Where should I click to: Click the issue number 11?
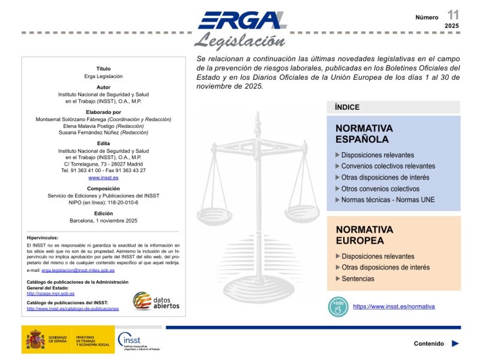click(452, 14)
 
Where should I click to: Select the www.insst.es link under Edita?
click(103, 178)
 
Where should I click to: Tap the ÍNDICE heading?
click(347, 107)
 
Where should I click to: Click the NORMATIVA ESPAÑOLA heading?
click(364, 134)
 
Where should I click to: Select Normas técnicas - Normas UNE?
click(388, 200)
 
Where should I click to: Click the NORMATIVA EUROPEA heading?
click(364, 235)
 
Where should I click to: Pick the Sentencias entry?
click(358, 279)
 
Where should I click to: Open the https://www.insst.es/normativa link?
click(394, 307)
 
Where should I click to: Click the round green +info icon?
click(338, 307)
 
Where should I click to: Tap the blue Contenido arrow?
click(455, 344)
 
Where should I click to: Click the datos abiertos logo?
click(156, 301)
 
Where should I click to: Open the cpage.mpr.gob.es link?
click(50, 294)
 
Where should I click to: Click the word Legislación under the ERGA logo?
click(239, 41)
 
